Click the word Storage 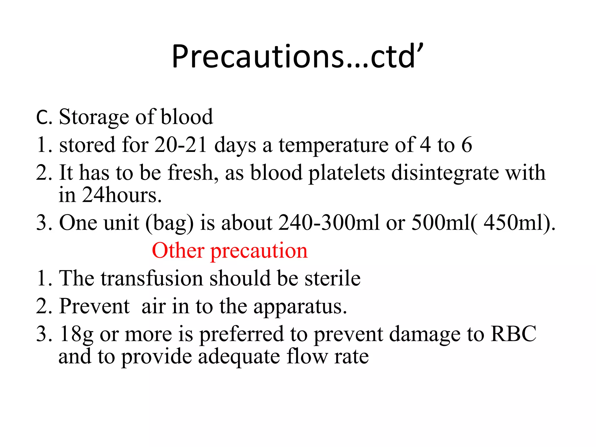(x=94, y=117)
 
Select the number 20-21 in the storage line (x=180, y=145)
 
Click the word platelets (x=347, y=173)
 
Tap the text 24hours (x=122, y=195)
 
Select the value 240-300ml (x=329, y=223)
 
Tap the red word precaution (x=259, y=251)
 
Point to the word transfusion (x=152, y=278)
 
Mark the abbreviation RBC (x=513, y=334)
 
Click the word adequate (x=239, y=357)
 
